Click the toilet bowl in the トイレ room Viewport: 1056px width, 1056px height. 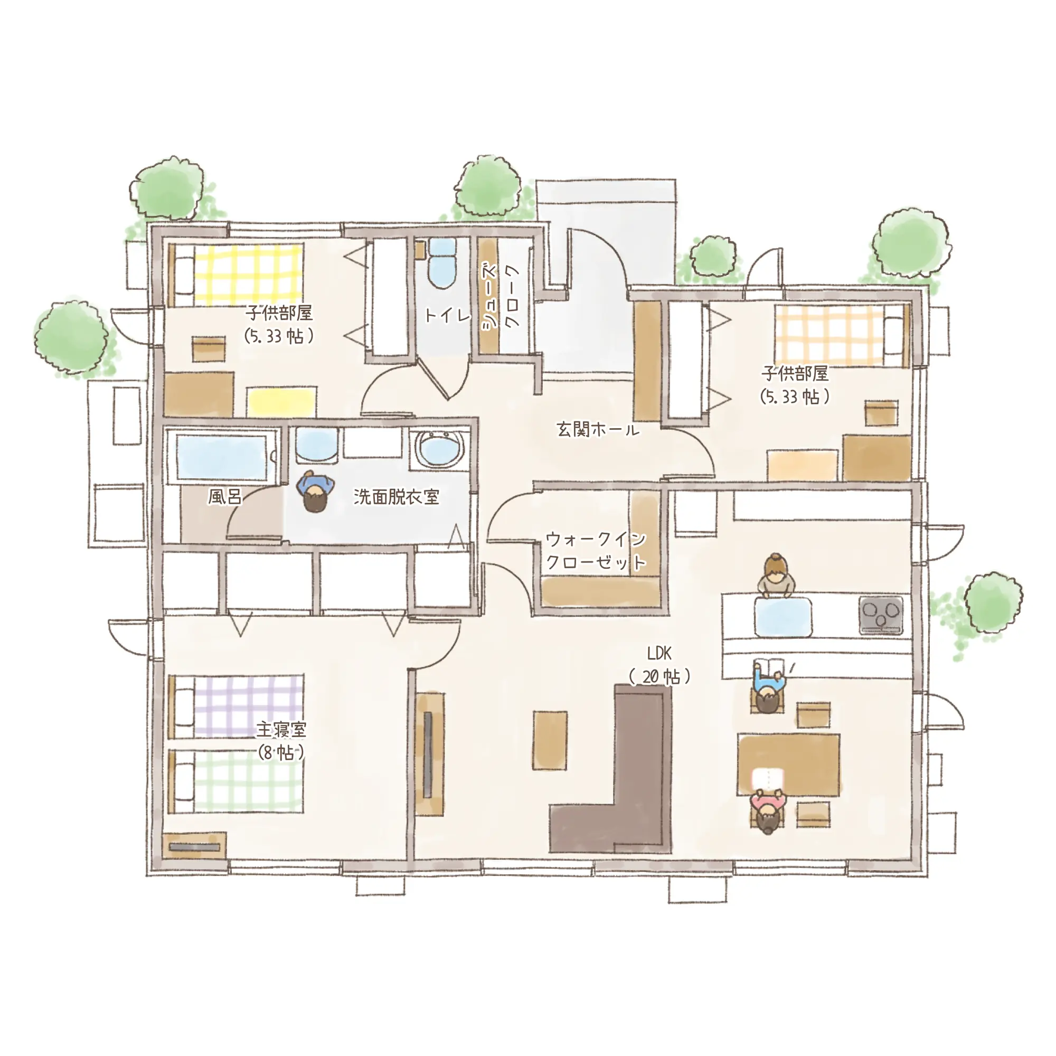441,263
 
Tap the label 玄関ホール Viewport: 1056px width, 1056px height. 598,430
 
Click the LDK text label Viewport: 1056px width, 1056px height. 658,653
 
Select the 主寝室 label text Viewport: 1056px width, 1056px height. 281,730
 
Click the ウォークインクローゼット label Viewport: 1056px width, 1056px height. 596,550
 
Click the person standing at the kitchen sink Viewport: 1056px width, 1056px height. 775,575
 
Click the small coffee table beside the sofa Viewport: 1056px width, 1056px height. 550,740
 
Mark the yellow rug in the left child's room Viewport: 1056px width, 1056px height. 281,402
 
